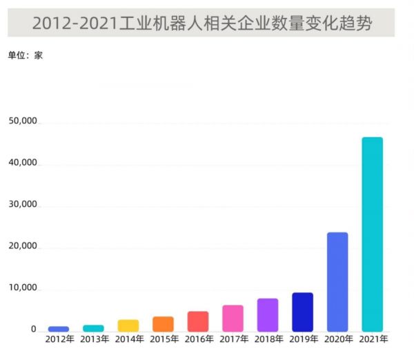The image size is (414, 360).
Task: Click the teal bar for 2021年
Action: (x=373, y=234)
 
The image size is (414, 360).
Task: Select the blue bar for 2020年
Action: (x=337, y=281)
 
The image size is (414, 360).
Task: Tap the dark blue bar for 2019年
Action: (x=302, y=312)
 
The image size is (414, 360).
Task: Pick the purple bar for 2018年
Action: (x=268, y=314)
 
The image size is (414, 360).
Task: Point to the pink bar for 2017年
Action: (x=233, y=318)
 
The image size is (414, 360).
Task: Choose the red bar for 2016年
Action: (x=197, y=321)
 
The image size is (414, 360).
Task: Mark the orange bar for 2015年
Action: (x=163, y=323)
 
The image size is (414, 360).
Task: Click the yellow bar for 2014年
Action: (x=128, y=325)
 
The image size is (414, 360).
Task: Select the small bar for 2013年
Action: (x=93, y=328)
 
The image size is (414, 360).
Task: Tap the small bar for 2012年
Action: (x=59, y=328)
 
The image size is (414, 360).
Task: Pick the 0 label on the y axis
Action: (x=32, y=330)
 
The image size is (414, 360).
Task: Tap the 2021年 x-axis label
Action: (x=373, y=340)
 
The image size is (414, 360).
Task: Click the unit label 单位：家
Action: (x=26, y=55)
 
